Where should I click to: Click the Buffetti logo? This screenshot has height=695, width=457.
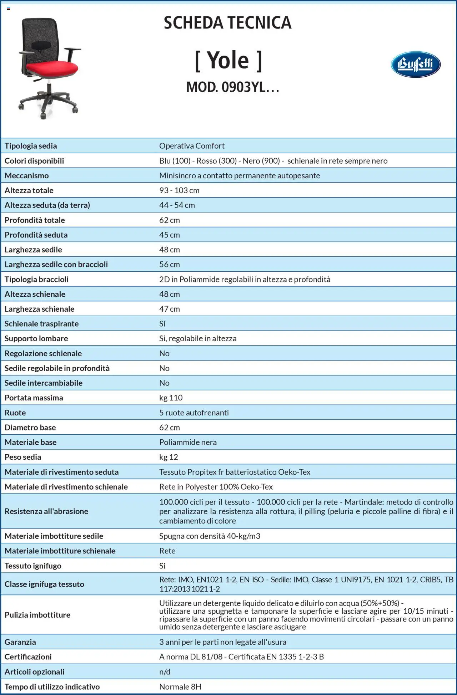416,65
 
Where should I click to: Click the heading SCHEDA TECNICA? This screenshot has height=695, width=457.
227,23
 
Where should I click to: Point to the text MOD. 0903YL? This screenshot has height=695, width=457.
232,87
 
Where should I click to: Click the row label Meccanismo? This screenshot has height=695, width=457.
26,175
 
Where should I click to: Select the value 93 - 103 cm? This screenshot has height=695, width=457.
179,190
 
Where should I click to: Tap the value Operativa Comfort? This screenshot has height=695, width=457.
192,146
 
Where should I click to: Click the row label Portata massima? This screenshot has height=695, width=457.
34,398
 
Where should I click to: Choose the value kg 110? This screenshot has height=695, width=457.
171,398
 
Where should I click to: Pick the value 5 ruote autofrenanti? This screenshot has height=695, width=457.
194,413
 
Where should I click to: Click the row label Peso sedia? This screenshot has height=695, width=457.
23,457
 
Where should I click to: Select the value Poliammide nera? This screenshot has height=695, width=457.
188,442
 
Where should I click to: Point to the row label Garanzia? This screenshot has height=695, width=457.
20,642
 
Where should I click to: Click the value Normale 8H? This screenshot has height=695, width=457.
180,686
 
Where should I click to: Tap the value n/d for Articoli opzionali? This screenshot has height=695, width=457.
165,671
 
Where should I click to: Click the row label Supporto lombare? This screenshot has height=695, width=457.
36,338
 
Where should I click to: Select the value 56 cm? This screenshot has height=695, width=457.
169,265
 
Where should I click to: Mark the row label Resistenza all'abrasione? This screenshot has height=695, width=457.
46,511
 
